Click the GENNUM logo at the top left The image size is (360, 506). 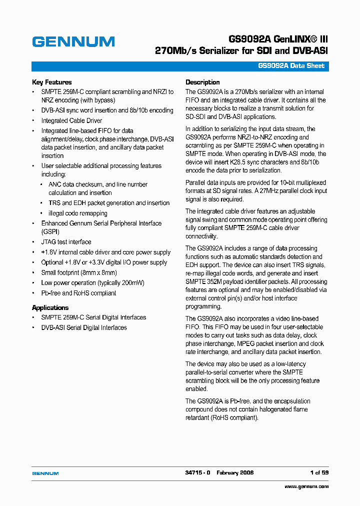coord(73,42)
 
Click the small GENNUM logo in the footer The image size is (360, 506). coord(45,473)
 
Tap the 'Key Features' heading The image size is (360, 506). coord(51,82)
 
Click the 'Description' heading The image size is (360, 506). coord(202,82)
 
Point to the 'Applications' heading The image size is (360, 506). coord(50,308)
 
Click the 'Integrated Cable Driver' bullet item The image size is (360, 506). coord(71,121)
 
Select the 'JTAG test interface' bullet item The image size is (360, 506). coord(66,242)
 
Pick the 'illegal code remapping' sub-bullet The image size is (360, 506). coord(77,213)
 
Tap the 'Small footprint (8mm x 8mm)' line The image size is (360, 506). coord(78,273)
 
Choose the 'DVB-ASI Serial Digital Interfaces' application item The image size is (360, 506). coord(83,328)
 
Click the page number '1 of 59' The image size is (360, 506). coord(319,473)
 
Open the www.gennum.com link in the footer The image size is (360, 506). coord(306,486)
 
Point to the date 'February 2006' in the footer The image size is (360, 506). coord(235,473)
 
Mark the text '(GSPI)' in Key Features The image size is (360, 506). coord(50,232)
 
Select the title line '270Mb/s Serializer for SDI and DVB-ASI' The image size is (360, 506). coord(241,51)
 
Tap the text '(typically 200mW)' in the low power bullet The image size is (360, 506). coord(120,283)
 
